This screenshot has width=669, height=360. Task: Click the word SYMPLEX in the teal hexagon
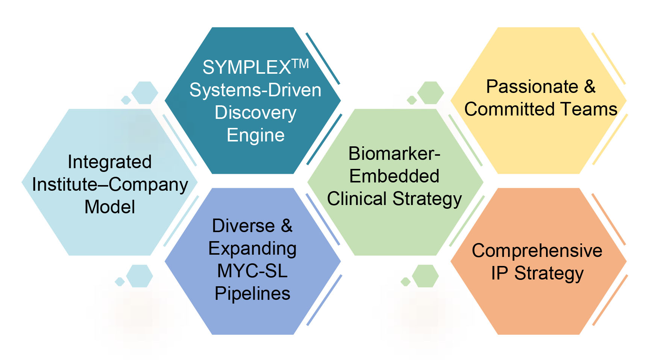246,68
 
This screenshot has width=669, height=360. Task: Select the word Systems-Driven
255,90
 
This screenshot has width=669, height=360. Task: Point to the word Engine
255,135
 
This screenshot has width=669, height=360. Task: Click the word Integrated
109,162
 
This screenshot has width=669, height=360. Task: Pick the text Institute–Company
110,185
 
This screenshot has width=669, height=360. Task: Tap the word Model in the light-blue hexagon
109,207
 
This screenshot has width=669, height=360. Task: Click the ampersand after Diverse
287,226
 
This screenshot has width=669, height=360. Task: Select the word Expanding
252,249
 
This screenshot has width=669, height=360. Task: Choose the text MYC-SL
252,271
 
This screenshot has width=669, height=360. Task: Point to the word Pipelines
252,293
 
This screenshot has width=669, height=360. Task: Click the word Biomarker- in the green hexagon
394,153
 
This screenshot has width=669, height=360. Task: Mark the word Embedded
394,176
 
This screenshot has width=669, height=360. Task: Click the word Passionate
532,87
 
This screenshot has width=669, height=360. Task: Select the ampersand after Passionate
590,87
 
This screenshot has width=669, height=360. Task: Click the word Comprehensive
537,251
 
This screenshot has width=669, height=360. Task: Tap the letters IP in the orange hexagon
500,273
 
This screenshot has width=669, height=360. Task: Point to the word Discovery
255,113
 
